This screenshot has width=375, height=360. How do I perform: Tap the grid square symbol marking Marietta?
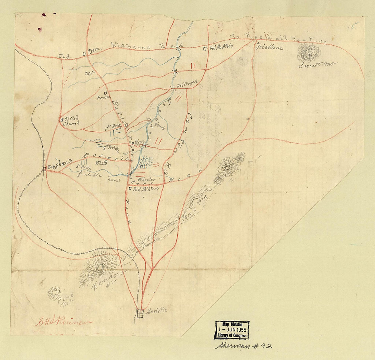140,314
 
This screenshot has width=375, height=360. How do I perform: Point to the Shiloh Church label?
71,121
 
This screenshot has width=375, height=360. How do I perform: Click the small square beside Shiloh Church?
62,120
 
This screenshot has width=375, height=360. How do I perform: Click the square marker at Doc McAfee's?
205,49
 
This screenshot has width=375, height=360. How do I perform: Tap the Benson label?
102,97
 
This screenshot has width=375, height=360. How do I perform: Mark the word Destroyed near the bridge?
185,85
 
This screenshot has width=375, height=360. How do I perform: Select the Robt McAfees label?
145,188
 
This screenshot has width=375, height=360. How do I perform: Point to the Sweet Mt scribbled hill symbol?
309,53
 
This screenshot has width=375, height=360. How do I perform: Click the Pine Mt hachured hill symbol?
54,293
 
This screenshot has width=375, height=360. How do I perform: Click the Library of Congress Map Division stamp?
231,330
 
